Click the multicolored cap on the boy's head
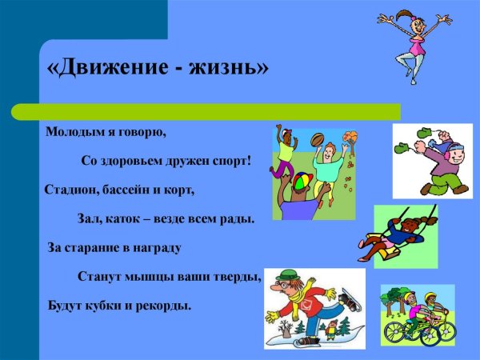(298, 182)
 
